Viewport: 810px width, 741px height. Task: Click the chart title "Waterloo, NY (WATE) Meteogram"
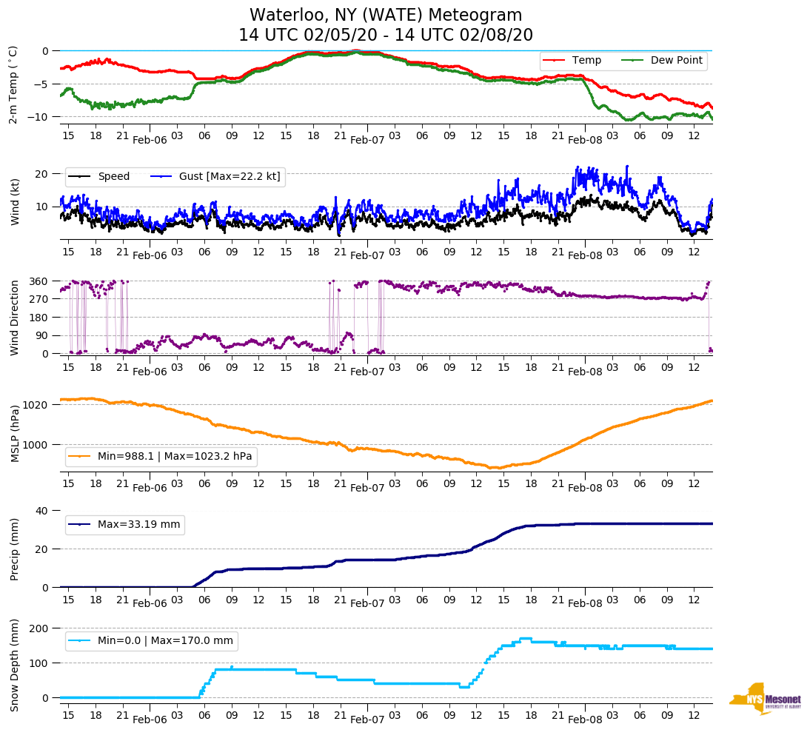click(x=386, y=16)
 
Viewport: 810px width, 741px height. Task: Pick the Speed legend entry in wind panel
click(x=113, y=176)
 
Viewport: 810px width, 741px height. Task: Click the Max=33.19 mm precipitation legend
click(x=138, y=524)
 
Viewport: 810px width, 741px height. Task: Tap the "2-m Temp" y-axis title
click(x=13, y=84)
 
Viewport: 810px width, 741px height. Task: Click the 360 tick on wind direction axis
click(x=39, y=281)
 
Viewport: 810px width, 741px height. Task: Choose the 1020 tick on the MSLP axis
click(x=36, y=405)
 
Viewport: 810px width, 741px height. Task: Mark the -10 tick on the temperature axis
click(x=39, y=117)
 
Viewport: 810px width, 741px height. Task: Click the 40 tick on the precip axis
click(x=42, y=511)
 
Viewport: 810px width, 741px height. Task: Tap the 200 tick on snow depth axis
click(x=39, y=628)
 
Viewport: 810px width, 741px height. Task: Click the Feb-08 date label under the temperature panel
click(x=585, y=140)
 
